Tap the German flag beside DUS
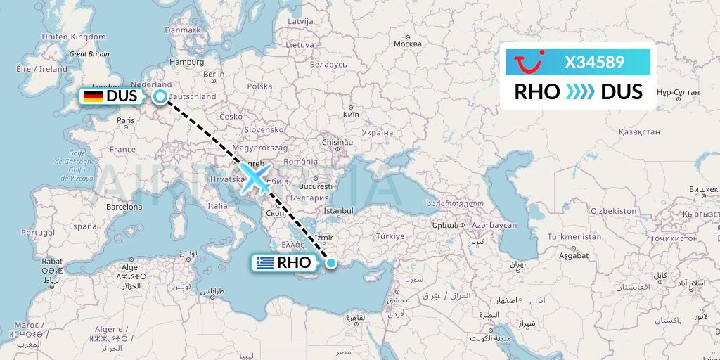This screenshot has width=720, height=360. click(92, 96)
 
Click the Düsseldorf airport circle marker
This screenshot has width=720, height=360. click(160, 97)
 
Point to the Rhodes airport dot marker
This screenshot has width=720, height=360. click(330, 263)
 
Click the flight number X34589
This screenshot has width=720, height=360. click(594, 62)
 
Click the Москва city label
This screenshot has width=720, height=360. click(407, 44)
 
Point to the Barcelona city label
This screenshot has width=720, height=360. click(124, 207)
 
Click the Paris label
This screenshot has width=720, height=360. click(125, 120)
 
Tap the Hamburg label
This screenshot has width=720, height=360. click(186, 61)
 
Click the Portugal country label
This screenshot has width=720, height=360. click(37, 232)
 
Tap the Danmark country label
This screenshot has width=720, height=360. click(183, 30)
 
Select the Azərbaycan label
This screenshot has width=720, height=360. click(494, 225)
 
